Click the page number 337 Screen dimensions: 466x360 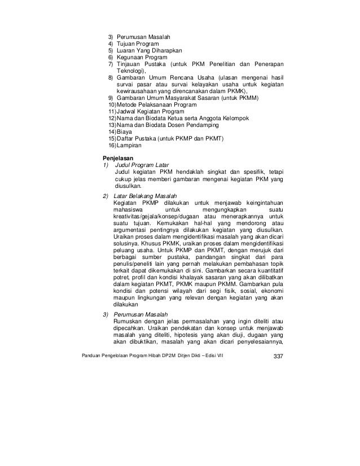pos(278,355)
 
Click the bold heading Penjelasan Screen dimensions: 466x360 pos(118,156)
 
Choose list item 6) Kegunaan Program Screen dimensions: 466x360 pos(141,58)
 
